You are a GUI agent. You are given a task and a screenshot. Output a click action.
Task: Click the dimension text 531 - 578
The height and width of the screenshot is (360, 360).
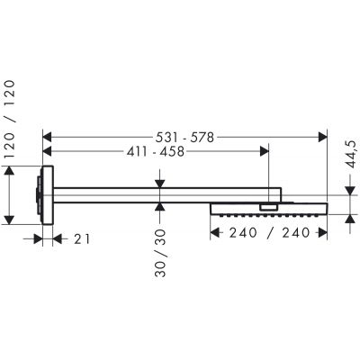tap(184, 138)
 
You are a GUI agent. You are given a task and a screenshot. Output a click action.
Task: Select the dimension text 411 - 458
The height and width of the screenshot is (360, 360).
tap(155, 152)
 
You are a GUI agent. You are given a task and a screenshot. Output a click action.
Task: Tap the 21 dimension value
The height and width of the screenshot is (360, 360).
tap(82, 239)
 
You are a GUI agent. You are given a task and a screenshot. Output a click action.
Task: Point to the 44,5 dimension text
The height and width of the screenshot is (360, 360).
tap(350, 155)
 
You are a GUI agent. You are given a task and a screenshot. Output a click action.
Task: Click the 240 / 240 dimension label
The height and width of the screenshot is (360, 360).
tap(269, 233)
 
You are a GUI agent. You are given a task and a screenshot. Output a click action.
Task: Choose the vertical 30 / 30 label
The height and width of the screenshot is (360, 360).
tap(160, 253)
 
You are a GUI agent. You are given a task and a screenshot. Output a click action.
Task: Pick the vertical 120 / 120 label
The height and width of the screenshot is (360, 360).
tap(9, 120)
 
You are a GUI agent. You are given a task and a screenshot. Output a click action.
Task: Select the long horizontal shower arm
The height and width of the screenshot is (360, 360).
tap(167, 195)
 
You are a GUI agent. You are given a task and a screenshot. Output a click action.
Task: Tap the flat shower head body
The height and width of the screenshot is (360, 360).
tap(269, 209)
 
